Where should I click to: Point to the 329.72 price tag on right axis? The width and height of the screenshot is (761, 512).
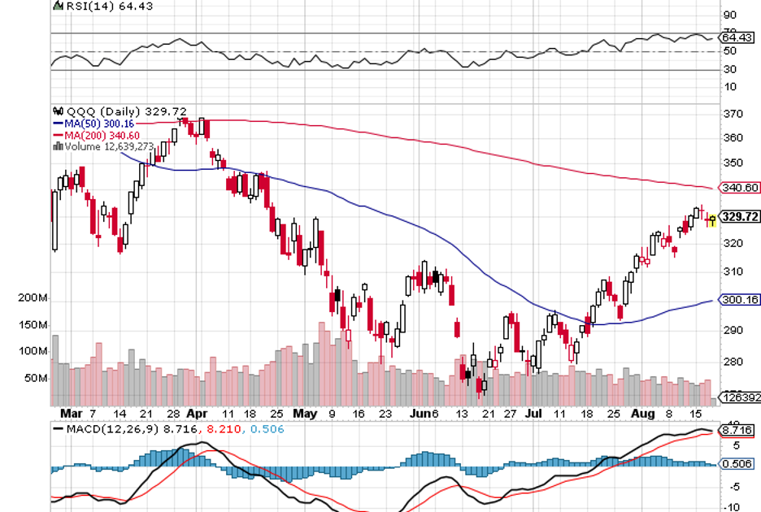pyautogui.click(x=740, y=217)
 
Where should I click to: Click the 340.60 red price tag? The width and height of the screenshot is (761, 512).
pyautogui.click(x=740, y=188)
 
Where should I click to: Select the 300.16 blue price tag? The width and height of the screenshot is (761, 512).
pyautogui.click(x=740, y=300)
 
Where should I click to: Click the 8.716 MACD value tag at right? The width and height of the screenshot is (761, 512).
pyautogui.click(x=740, y=429)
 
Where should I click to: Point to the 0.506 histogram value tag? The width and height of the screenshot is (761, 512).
pyautogui.click(x=740, y=465)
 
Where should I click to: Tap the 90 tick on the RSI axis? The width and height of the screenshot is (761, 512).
pyautogui.click(x=730, y=15)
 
